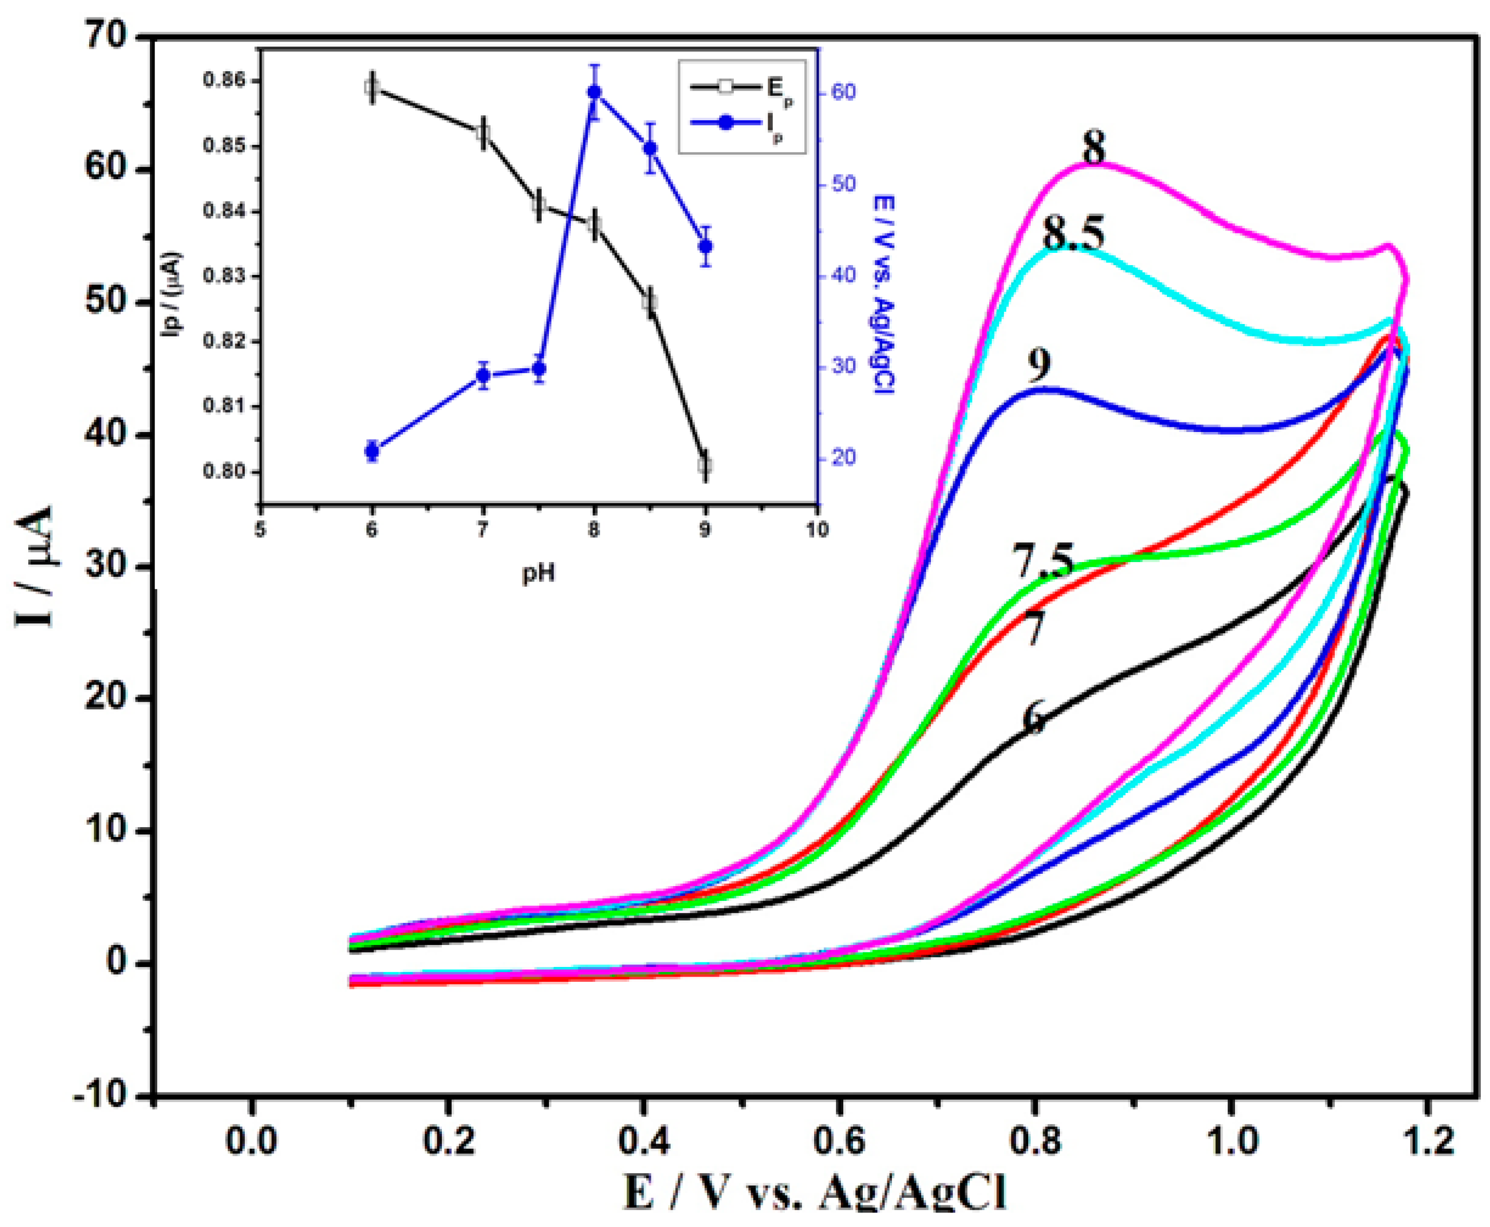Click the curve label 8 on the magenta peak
click(1094, 148)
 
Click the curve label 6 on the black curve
click(1033, 717)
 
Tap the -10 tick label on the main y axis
click(101, 1095)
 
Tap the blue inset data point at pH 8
click(594, 92)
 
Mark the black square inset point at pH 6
click(372, 87)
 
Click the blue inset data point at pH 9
click(705, 246)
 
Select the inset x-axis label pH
click(538, 574)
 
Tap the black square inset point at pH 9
click(705, 465)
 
